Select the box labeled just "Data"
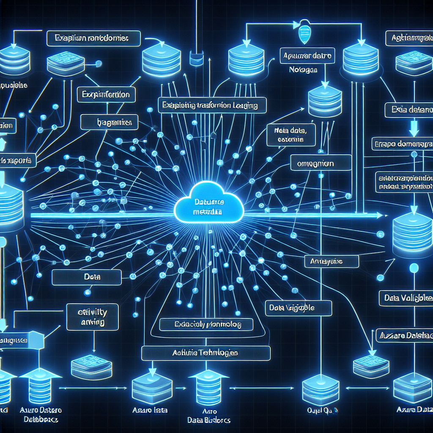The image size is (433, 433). (x=86, y=277)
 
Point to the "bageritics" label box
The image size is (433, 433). (x=110, y=123)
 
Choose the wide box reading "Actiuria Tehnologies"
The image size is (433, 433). (x=206, y=353)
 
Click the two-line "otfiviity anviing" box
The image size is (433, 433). (x=93, y=317)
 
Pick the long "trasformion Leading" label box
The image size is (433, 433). (x=212, y=105)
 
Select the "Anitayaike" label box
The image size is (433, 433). (x=332, y=261)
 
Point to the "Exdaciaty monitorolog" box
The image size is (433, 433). (x=206, y=325)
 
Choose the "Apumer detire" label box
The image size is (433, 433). (x=307, y=55)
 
